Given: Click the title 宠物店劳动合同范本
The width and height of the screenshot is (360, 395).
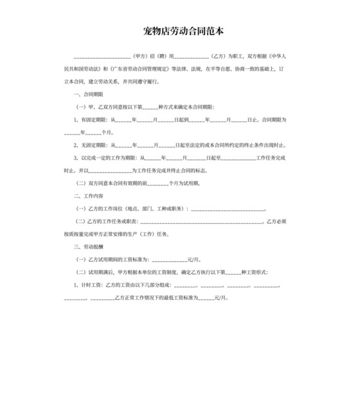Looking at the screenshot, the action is pos(179,30).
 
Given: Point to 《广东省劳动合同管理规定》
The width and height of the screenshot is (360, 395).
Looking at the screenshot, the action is pos(136,69).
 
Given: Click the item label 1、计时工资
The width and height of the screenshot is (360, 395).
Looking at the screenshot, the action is pos(89,284).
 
